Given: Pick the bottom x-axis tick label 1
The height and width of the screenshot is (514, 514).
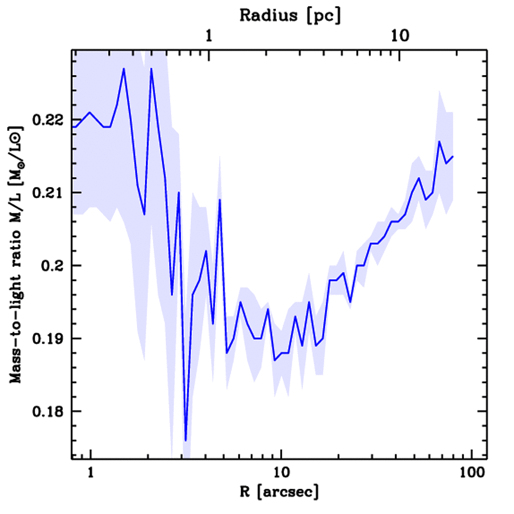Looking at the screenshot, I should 91,473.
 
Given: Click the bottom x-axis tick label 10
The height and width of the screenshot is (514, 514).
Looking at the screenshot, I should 281,473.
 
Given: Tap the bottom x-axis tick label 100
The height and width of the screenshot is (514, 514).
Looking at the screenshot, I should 471,473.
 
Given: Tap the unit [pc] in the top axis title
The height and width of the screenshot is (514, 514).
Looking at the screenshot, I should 325,16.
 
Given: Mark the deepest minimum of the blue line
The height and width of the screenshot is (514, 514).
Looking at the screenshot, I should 186,440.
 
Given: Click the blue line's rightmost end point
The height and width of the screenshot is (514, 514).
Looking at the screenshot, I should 453,157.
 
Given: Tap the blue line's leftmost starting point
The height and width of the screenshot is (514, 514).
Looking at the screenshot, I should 73,127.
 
